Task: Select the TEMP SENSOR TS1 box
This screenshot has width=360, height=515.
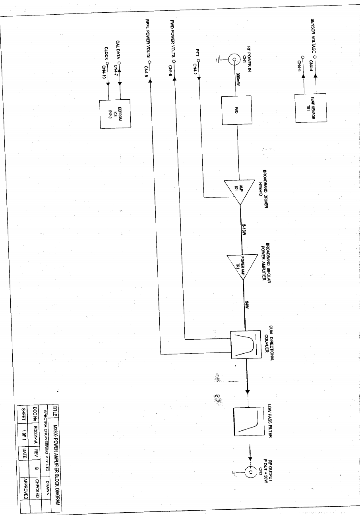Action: coord(310,108)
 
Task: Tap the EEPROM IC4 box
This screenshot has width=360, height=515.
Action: coord(115,114)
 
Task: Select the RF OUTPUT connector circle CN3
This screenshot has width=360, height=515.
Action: coord(250,472)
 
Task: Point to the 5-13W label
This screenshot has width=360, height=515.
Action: coord(244,229)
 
